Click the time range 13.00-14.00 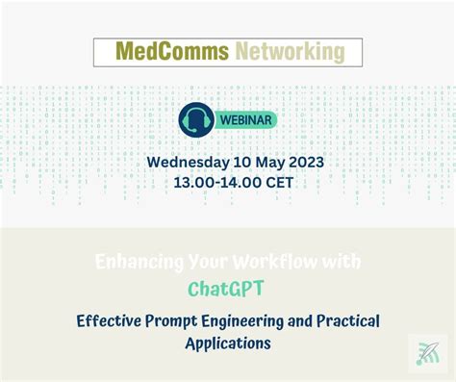pos(212,181)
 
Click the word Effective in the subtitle pos(114,319)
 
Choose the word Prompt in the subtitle pos(186,319)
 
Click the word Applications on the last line pos(228,342)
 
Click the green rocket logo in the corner pos(427,354)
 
